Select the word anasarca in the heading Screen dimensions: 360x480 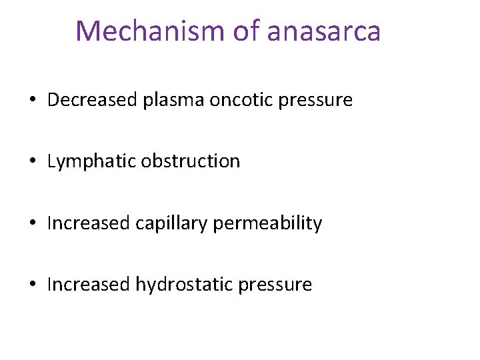[x=324, y=31]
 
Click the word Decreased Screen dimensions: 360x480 [x=93, y=100]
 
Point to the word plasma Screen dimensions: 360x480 [x=173, y=100]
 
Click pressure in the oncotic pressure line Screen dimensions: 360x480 [x=315, y=101]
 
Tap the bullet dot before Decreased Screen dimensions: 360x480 [x=32, y=101]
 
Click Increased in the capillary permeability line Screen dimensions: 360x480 [x=89, y=223]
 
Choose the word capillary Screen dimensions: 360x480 [x=171, y=223]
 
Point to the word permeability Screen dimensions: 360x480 [x=267, y=223]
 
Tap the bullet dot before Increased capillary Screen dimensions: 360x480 [x=32, y=223]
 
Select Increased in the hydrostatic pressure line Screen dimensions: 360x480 [x=89, y=284]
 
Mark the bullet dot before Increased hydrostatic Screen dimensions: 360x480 [x=32, y=285]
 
